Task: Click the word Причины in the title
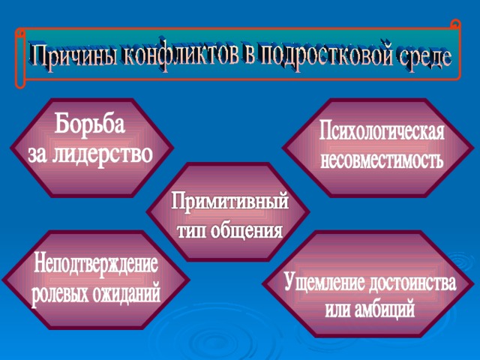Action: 73,55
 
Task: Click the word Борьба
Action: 90,123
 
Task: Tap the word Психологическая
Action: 382,131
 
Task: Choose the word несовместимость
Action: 382,159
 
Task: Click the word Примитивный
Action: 230,201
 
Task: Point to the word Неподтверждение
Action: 96,263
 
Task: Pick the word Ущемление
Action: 324,282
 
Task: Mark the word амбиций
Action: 385,309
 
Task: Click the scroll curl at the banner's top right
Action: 455,25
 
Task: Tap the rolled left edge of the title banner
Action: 20,58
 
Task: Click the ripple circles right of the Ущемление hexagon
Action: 462,261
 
